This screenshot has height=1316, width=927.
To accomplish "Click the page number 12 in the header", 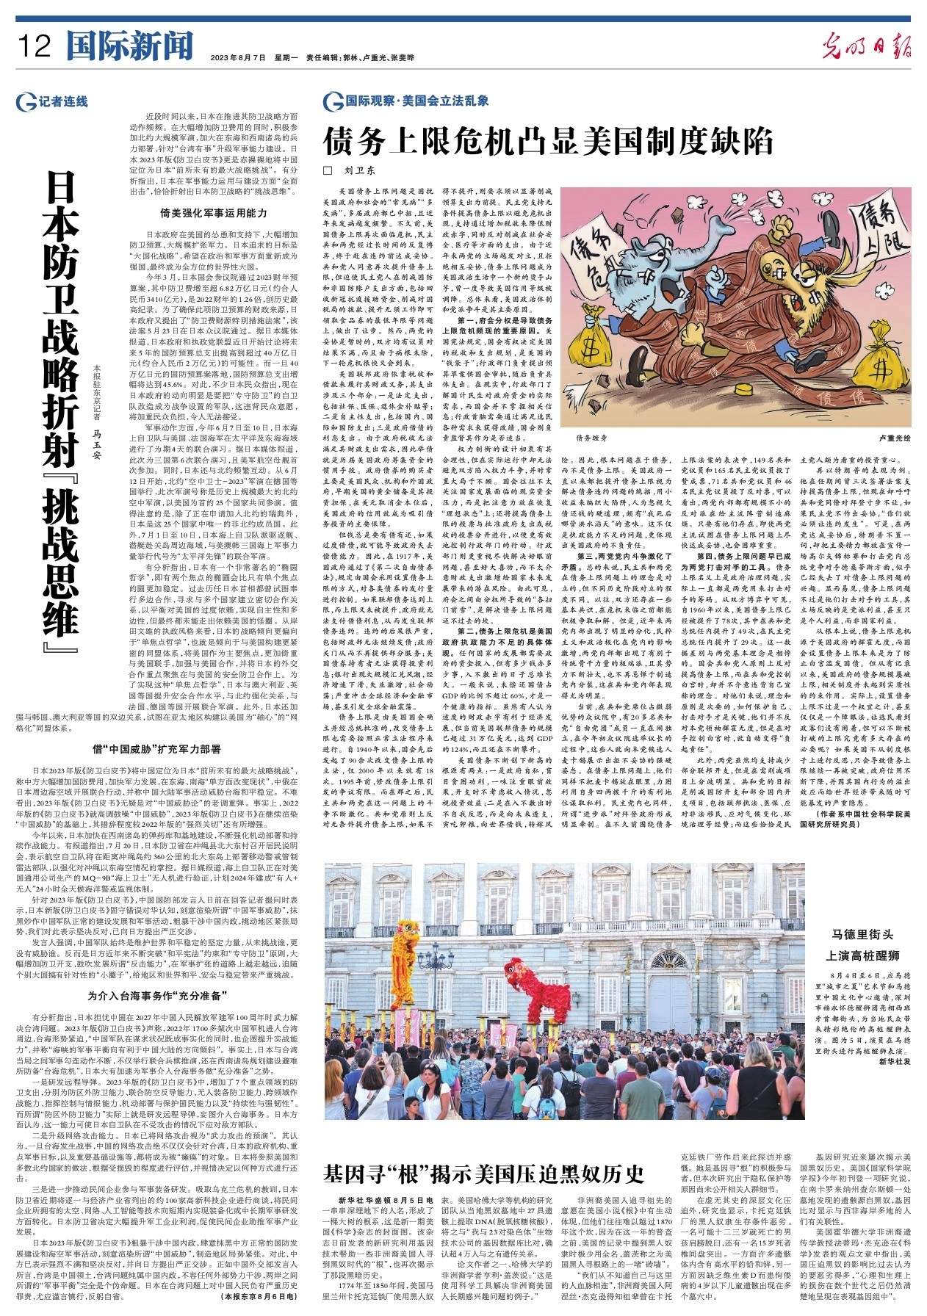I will click(35, 47).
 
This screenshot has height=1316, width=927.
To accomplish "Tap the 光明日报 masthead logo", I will click(866, 47).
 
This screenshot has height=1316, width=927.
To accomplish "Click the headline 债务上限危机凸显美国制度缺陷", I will click(548, 141).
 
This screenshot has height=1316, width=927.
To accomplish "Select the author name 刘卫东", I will click(360, 170).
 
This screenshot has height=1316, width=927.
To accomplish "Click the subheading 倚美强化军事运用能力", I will click(213, 214).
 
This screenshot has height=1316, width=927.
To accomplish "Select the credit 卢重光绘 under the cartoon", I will click(893, 438).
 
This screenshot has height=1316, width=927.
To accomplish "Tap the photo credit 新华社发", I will click(894, 1062).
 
